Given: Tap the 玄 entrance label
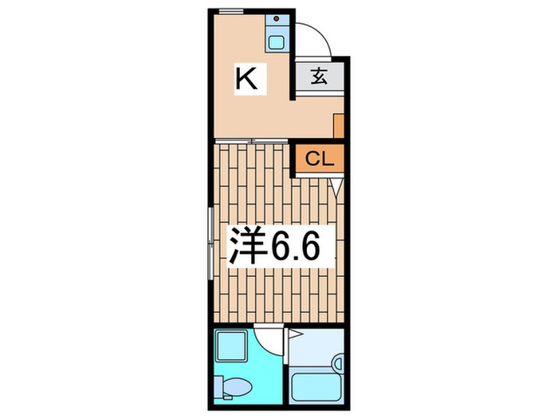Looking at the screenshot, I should (x=318, y=77).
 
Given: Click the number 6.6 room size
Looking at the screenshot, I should (x=297, y=247).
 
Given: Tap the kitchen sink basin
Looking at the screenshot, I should (x=277, y=41).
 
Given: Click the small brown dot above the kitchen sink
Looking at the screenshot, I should (x=277, y=18).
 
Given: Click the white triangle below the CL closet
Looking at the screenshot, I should (x=337, y=187).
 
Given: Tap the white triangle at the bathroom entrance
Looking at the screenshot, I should (x=293, y=335).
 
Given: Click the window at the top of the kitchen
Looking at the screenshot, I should (x=230, y=10).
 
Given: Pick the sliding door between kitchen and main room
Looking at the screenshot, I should (x=251, y=141).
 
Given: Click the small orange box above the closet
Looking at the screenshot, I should (x=339, y=125).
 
